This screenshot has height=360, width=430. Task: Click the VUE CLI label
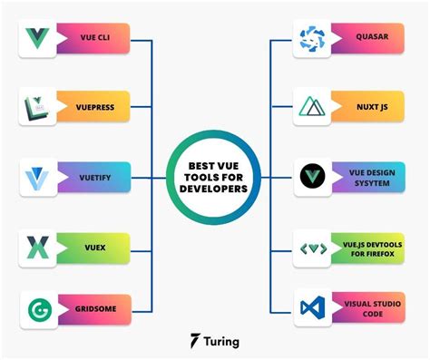pyautogui.click(x=94, y=40)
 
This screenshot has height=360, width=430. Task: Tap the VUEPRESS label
pyautogui.click(x=94, y=107)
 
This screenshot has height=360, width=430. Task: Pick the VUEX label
pyautogui.click(x=94, y=245)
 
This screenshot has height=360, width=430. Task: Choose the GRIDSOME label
pyautogui.click(x=94, y=306)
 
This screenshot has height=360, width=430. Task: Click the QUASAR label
pyautogui.click(x=373, y=40)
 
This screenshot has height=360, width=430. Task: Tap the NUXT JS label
pyautogui.click(x=373, y=107)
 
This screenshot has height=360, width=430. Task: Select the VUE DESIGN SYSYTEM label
pyautogui.click(x=373, y=175)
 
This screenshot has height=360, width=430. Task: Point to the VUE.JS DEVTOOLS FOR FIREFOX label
pyautogui.click(x=373, y=245)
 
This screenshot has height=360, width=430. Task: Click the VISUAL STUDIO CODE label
pyautogui.click(x=373, y=306)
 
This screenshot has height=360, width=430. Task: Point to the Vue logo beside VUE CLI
pyautogui.click(x=39, y=39)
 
